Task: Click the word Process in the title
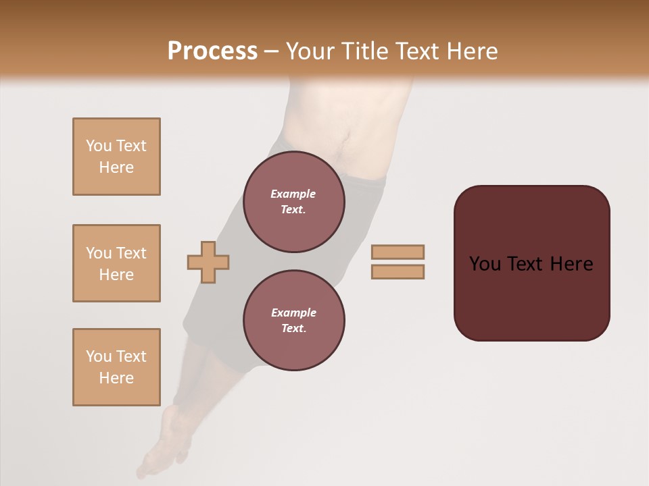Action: click(x=212, y=51)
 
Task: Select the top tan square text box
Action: click(x=116, y=157)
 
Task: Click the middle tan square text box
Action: click(x=116, y=263)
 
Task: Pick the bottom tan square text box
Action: click(x=116, y=367)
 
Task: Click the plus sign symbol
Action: click(x=208, y=261)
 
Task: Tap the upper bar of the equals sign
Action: click(x=398, y=252)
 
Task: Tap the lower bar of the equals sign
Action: click(x=398, y=271)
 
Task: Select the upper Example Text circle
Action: click(x=293, y=202)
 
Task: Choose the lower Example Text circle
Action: click(x=293, y=321)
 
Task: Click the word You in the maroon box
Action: click(x=485, y=264)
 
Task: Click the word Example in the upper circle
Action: click(x=293, y=194)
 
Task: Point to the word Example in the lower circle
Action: click(x=293, y=313)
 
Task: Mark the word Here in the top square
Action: click(x=116, y=167)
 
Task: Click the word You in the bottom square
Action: click(x=99, y=356)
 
